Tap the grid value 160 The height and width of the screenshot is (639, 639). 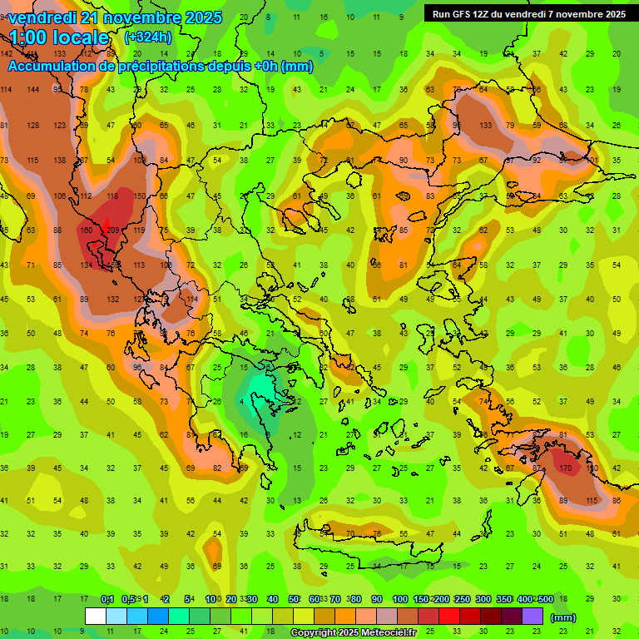click(86, 230)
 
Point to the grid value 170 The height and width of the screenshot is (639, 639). click(566, 468)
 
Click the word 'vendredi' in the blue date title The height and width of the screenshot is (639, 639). click(43, 17)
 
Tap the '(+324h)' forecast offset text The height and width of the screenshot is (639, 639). click(148, 37)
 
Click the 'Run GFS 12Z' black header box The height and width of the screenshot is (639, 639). click(528, 13)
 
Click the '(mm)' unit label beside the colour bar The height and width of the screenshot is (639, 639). click(563, 617)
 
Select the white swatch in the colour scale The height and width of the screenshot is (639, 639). click(96, 617)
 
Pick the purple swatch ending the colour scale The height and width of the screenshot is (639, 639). click(532, 617)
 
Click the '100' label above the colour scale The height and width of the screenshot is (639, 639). click(400, 600)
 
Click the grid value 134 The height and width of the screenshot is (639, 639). click(86, 265)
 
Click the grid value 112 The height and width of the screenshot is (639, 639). click(86, 196)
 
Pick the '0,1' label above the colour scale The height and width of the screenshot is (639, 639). click(106, 600)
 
